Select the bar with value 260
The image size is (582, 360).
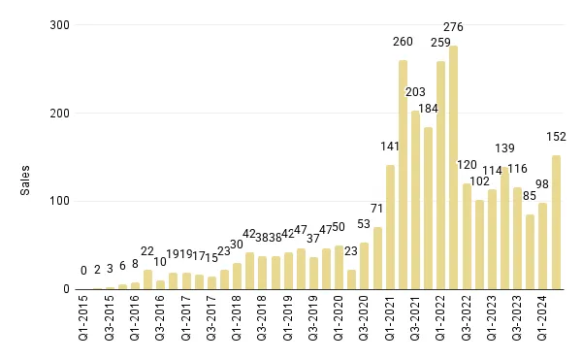coord(403,175)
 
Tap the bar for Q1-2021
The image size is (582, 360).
coord(390,227)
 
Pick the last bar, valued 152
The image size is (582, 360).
coord(556,222)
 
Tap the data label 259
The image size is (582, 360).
coord(440,43)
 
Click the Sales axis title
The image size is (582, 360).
coord(26,180)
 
